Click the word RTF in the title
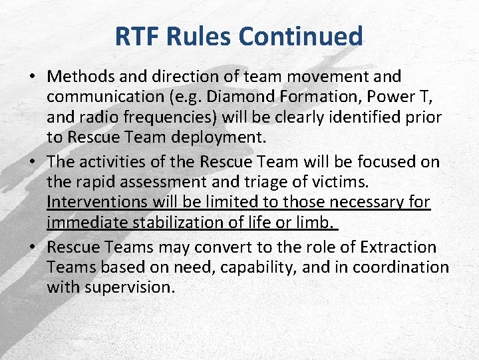click(137, 36)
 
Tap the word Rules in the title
click(204, 36)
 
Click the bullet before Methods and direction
click(32, 77)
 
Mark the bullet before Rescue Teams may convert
click(32, 247)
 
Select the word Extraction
click(398, 247)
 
